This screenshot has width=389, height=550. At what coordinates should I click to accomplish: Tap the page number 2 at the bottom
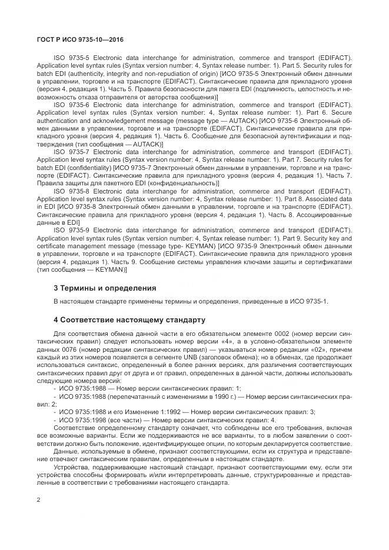pos(38,500)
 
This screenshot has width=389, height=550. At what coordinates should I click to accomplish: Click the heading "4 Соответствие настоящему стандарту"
pos(129,321)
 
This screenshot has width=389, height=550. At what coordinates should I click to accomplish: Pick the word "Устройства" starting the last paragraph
pos(71,467)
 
